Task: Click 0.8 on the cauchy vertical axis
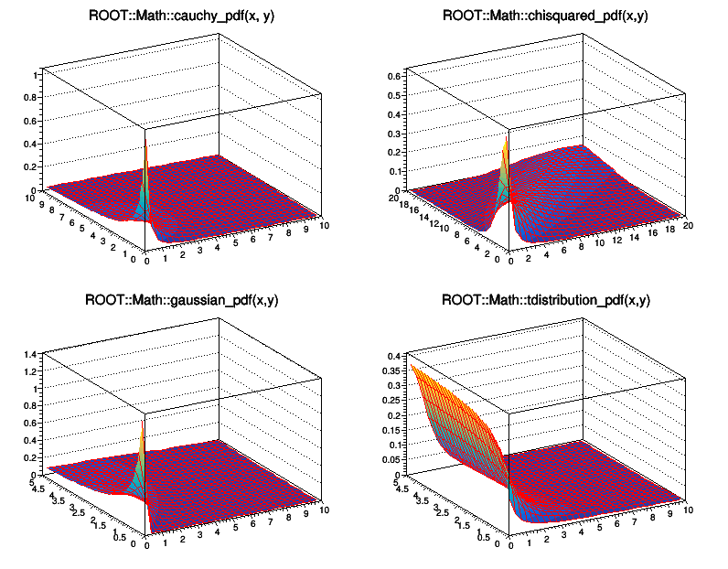pyautogui.click(x=36, y=96)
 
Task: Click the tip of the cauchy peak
pyautogui.click(x=145, y=145)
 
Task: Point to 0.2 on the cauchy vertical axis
pyautogui.click(x=36, y=167)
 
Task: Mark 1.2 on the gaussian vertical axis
pyautogui.click(x=33, y=370)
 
